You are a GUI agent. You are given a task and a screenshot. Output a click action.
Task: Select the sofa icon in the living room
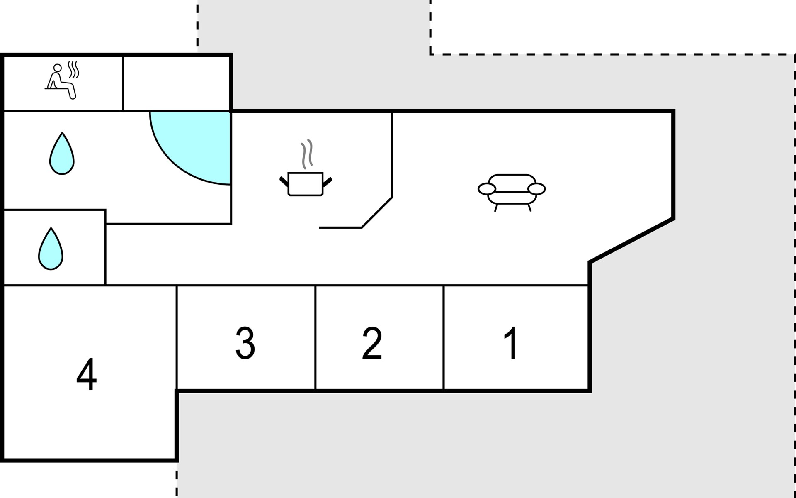pyautogui.click(x=512, y=192)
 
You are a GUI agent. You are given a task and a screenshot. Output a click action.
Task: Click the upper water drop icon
pyautogui.click(x=62, y=154)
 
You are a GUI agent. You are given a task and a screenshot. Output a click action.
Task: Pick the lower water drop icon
pyautogui.click(x=51, y=249)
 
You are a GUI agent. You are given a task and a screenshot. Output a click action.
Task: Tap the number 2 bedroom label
pyautogui.click(x=372, y=343)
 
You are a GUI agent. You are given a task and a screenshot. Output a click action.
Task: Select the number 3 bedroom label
pyautogui.click(x=245, y=343)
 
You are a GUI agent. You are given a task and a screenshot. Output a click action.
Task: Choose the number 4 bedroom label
pyautogui.click(x=86, y=374)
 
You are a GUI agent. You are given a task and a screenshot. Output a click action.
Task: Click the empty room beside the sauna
pyautogui.click(x=177, y=83)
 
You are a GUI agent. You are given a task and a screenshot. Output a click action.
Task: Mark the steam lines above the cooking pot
pyautogui.click(x=307, y=154)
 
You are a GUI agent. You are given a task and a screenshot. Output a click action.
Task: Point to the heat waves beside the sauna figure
pyautogui.click(x=73, y=69)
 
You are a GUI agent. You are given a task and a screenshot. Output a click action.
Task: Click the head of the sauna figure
pyautogui.click(x=58, y=68)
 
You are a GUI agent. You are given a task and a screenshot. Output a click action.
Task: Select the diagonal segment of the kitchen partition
pyautogui.click(x=377, y=212)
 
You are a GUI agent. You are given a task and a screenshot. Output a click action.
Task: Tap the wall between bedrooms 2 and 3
pyautogui.click(x=315, y=337)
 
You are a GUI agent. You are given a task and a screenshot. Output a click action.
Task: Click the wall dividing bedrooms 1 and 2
pyautogui.click(x=444, y=337)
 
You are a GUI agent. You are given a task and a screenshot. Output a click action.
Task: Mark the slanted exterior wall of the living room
pyautogui.click(x=631, y=240)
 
